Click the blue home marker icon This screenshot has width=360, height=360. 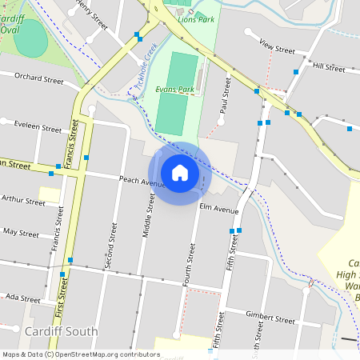click(x=179, y=172)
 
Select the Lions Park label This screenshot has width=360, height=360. click(x=197, y=18)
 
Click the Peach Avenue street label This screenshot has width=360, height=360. click(x=142, y=182)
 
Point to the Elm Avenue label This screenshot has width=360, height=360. click(x=219, y=210)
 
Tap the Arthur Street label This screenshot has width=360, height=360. click(x=24, y=201)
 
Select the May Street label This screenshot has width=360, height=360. click(x=21, y=233)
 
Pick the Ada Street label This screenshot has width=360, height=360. click(x=22, y=297)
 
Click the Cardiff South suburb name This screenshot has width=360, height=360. click(x=61, y=331)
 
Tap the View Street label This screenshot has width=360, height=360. click(x=277, y=50)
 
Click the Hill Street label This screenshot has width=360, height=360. click(x=329, y=66)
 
